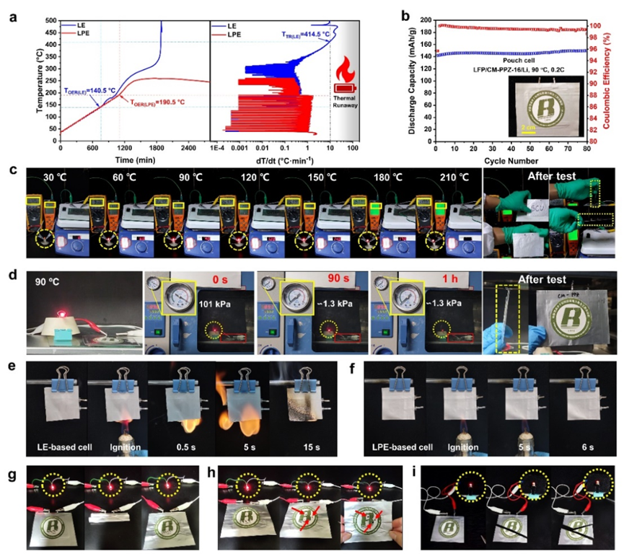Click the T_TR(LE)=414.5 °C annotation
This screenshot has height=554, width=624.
299,34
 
